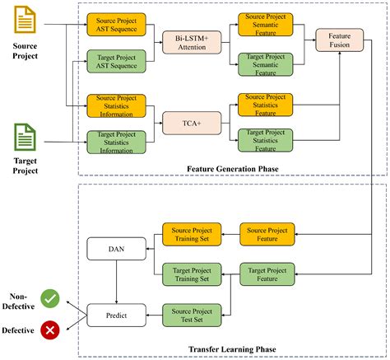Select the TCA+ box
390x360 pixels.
pos(193,121)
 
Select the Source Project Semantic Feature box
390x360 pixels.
pos(262,23)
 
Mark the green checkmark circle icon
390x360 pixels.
pos(51,298)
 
